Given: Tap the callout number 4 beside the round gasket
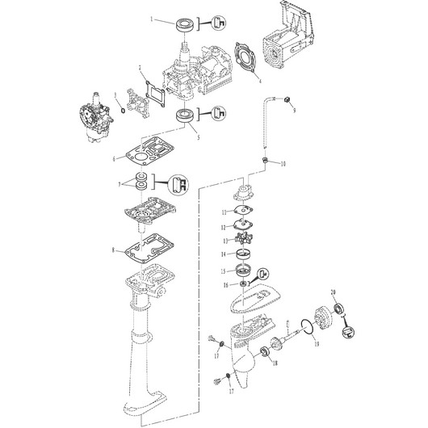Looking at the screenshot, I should (x=258, y=81).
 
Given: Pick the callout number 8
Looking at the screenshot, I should (x=123, y=251).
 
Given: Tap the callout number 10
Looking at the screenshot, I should (x=283, y=164).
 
